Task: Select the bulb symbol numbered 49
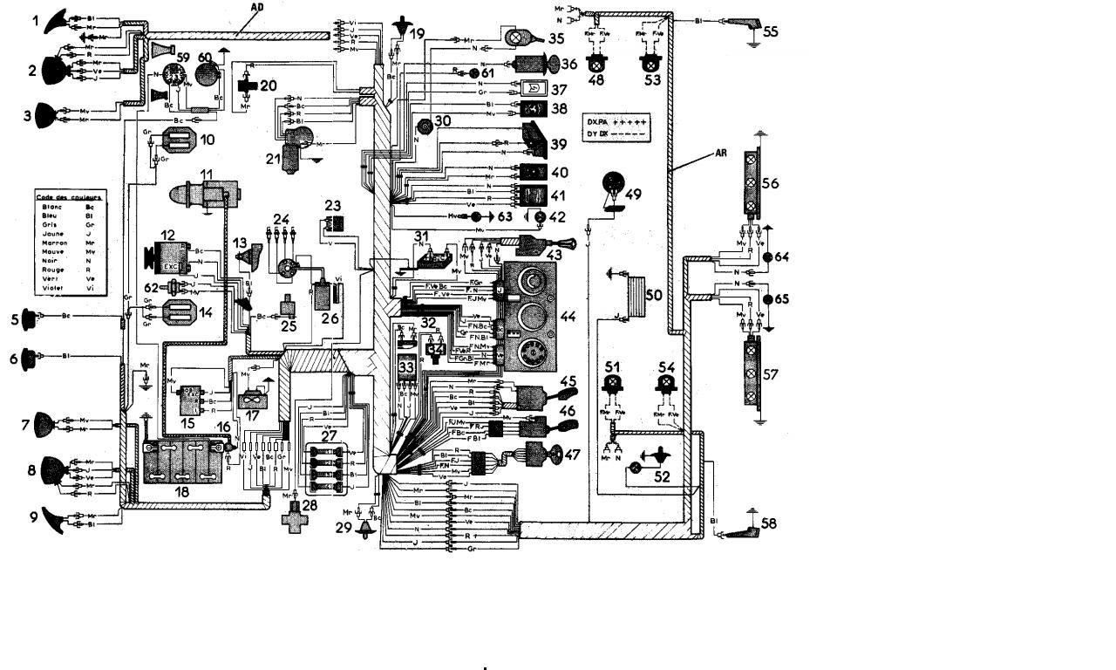pyautogui.click(x=615, y=187)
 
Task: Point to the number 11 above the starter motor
pyautogui.click(x=206, y=174)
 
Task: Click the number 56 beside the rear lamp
pyautogui.click(x=770, y=183)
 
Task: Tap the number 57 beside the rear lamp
pyautogui.click(x=770, y=374)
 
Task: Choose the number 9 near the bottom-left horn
pyautogui.click(x=34, y=516)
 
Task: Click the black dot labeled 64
pyautogui.click(x=768, y=258)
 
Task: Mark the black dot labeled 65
pyautogui.click(x=768, y=299)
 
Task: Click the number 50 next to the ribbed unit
pyautogui.click(x=654, y=297)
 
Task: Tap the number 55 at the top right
pyautogui.click(x=771, y=31)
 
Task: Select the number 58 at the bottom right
pyautogui.click(x=768, y=523)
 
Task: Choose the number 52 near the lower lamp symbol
pyautogui.click(x=662, y=477)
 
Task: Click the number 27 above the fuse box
pyautogui.click(x=329, y=434)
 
